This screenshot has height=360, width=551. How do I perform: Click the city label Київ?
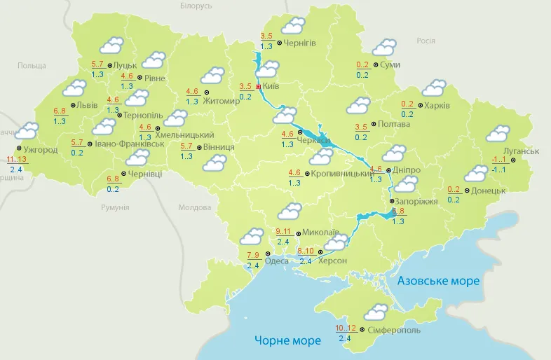tap(271, 86)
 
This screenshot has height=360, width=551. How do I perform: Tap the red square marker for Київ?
tap(259, 86)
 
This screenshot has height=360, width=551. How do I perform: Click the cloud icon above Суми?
tap(383, 48)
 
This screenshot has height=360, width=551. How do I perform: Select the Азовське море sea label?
tap(438, 281)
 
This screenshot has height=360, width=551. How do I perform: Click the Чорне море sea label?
tap(287, 340)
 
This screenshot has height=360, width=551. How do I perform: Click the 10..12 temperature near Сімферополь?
tap(345, 328)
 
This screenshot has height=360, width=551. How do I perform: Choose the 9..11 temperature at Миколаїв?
tap(284, 231)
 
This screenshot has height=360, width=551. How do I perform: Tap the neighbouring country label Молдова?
tap(194, 208)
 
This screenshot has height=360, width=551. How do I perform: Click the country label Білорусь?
tap(196, 6)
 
